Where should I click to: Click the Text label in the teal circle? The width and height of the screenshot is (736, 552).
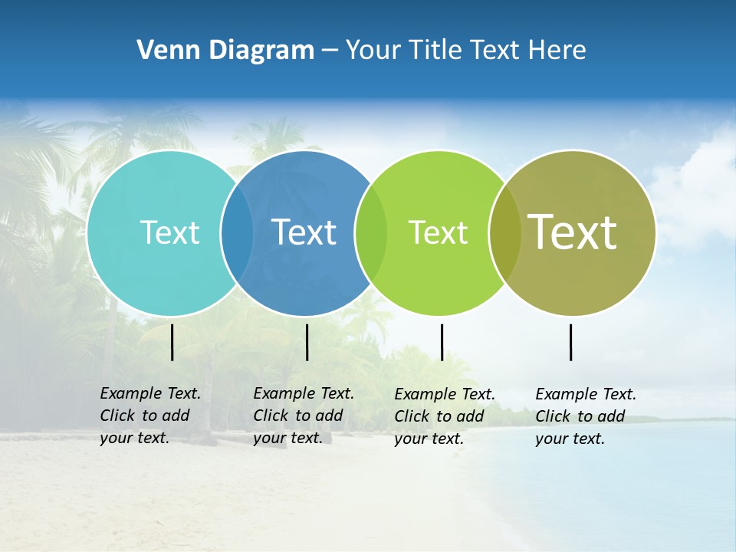click(169, 232)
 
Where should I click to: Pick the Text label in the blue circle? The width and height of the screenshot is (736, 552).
click(304, 232)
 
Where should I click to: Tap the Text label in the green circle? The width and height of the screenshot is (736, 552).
click(438, 232)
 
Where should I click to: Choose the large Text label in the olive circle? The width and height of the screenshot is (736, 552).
click(573, 232)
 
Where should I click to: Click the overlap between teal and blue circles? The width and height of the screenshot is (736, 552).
click(237, 233)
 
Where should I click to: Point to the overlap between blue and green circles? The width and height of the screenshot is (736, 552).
click(371, 233)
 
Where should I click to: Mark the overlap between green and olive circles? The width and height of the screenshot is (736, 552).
click(505, 233)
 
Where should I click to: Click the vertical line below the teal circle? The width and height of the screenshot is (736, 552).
click(172, 342)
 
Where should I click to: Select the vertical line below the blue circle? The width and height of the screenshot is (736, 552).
click(307, 342)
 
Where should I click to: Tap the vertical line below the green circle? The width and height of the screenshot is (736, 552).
click(442, 342)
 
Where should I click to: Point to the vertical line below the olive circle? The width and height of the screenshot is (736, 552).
click(571, 342)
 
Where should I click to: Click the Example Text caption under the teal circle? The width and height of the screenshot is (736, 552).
click(149, 416)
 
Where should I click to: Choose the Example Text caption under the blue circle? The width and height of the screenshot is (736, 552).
click(303, 416)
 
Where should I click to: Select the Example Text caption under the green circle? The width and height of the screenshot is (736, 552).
click(444, 416)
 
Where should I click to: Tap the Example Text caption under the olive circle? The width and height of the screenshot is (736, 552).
click(585, 416)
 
